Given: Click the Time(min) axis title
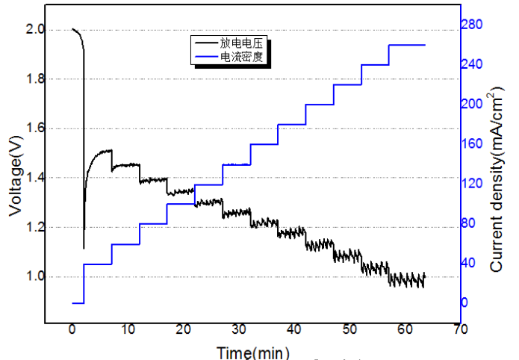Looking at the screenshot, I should (x=253, y=352).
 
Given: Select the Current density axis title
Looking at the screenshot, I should (x=498, y=179).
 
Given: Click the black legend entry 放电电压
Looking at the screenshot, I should (x=241, y=44).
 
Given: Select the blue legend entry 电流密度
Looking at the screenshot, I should (x=241, y=57).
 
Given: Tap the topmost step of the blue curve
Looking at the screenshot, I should (x=407, y=45).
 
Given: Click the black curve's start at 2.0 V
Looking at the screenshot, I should (x=73, y=30).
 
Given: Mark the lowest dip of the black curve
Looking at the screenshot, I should (x=84, y=248).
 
